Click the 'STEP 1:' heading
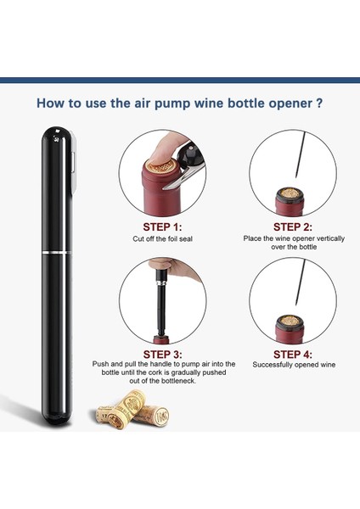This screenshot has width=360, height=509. pos(162,227)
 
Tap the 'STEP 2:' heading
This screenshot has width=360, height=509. pos(292,227)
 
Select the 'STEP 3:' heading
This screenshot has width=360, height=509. pos(162,354)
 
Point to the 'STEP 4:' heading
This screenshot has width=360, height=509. pos(293,354)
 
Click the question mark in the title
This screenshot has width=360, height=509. pos(319,103)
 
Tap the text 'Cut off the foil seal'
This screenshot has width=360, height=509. pos(162,239)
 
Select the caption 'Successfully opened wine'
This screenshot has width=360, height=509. pos(294,365)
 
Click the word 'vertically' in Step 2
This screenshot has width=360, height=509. pos(330,238)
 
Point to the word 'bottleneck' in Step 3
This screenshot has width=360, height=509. pos(178,381)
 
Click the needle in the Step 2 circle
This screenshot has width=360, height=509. pos(301,154)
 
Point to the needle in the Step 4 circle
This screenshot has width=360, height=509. pos(301,282)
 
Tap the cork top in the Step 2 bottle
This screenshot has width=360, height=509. pos(290,193)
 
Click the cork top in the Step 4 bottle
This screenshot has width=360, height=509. pos(290,321)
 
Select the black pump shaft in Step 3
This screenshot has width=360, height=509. pos(160,310)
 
